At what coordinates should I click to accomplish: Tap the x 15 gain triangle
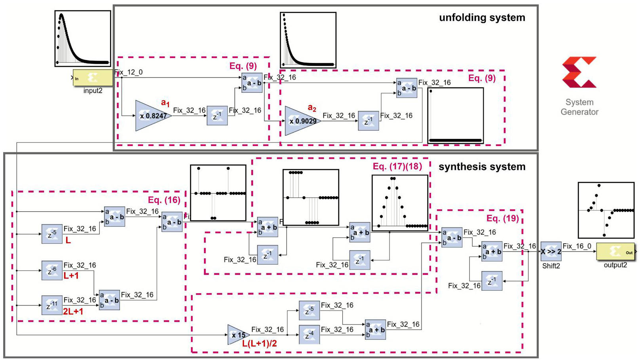coord(237,335)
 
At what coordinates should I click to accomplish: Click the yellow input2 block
coord(93,78)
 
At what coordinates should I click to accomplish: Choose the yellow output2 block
coord(615,252)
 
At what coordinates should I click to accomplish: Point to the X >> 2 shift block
coord(551,251)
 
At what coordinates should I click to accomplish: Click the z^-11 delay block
coord(52,305)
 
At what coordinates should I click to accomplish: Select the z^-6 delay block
coord(52,271)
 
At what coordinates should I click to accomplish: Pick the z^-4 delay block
coord(309,334)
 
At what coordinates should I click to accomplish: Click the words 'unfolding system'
coord(482,18)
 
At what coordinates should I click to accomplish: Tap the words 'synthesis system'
coord(482,167)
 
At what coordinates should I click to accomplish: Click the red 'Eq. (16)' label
coord(164,200)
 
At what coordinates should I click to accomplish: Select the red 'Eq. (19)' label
coord(502,218)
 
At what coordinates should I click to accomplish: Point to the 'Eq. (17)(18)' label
coord(397,167)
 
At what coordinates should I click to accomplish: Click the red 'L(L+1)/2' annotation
coord(259,344)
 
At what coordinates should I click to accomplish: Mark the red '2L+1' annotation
coord(73,312)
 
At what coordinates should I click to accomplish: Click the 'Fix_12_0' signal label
coord(129,72)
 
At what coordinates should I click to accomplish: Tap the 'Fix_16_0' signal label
coord(577,246)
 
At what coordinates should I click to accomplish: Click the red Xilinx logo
coord(579,72)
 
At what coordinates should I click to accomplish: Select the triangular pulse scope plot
coord(400,203)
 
